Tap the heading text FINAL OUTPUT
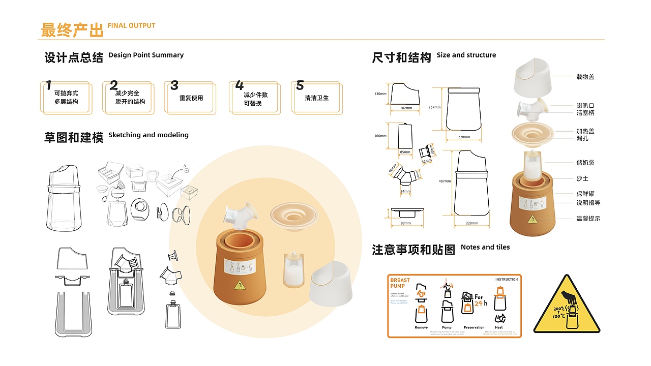point(131,25)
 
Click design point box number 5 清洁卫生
point(316,98)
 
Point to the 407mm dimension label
point(444,181)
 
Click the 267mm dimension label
point(434,107)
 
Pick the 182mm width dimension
point(406,108)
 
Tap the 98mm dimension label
point(405,224)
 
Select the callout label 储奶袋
point(585,163)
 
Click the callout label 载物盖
point(585,77)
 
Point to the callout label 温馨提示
point(588,219)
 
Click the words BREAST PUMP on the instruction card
point(400,283)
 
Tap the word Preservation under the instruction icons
point(474,327)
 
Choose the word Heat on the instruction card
point(499,327)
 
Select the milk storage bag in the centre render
point(294,269)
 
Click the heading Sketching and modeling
point(148,135)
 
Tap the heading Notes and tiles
point(485,248)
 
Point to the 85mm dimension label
point(405,151)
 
